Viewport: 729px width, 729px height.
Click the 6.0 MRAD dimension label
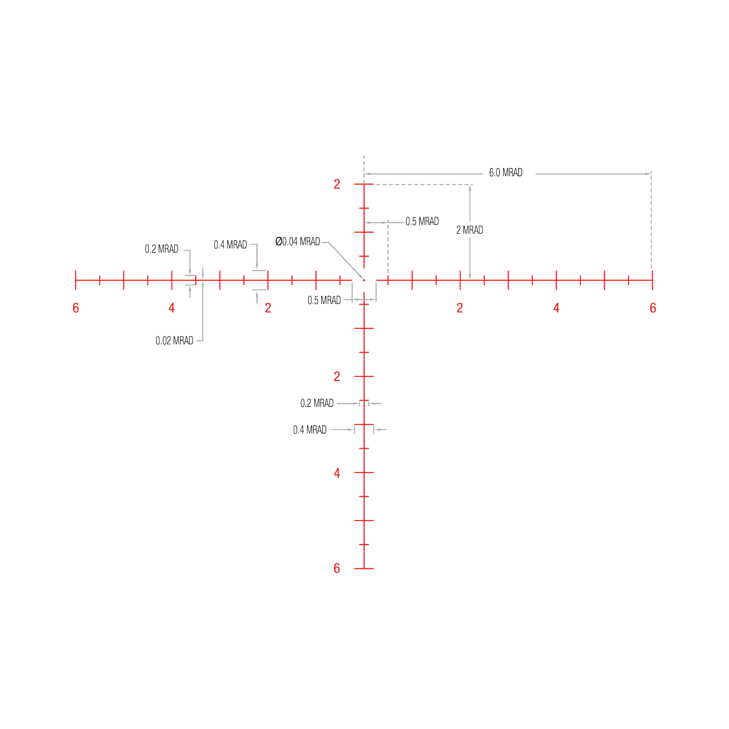click(x=505, y=173)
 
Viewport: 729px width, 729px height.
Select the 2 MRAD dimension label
click(x=470, y=230)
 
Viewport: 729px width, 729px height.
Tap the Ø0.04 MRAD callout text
click(x=298, y=241)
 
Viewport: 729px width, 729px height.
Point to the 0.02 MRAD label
click(x=174, y=341)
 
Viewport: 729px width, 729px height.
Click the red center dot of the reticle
click(x=364, y=280)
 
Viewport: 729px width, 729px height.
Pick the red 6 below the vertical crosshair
click(x=337, y=568)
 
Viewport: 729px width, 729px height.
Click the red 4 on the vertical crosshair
click(x=337, y=473)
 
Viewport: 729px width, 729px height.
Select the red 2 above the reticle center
click(x=337, y=184)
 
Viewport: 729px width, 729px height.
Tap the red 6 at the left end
click(x=76, y=308)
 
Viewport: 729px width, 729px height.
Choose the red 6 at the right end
click(x=653, y=308)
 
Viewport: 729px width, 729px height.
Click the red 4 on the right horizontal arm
click(x=556, y=308)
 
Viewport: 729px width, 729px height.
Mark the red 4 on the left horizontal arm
click(x=172, y=308)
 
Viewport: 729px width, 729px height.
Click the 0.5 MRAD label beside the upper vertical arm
click(x=422, y=221)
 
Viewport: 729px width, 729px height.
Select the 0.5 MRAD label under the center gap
click(x=324, y=300)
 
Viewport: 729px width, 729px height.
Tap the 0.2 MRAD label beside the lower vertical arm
click(x=317, y=403)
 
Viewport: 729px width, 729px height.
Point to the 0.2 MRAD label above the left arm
click(x=162, y=249)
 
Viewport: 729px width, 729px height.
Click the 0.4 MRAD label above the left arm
click(x=230, y=245)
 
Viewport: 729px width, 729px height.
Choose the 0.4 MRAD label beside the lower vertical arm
click(x=310, y=430)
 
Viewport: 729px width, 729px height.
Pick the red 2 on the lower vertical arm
click(x=337, y=377)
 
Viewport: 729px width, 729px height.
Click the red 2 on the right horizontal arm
click(x=460, y=308)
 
